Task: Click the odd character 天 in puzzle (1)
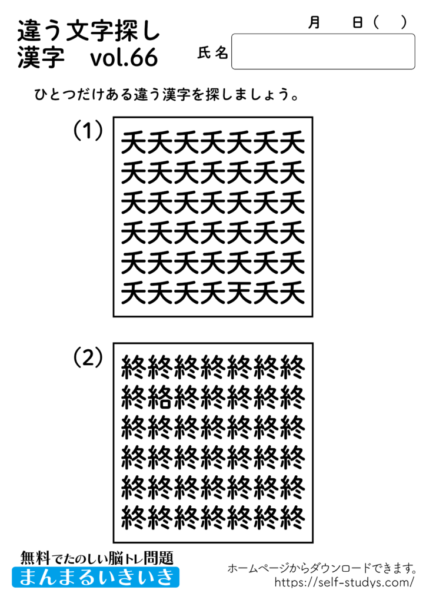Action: pos(239,291)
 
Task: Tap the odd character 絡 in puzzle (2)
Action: pos(161,399)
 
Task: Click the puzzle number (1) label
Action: pos(88,131)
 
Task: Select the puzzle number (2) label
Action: pos(88,357)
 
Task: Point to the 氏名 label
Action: pos(212,54)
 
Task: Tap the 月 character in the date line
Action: pos(315,22)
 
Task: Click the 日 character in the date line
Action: pos(357,22)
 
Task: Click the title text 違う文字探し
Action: pos(89,29)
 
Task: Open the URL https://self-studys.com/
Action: pos(345,582)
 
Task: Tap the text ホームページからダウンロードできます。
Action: pos(322,568)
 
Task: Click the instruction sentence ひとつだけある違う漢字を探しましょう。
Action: pos(165,95)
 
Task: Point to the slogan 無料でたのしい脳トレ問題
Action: pos(97,556)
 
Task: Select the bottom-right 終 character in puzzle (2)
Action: pos(292,517)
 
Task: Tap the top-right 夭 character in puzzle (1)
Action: pos(292,142)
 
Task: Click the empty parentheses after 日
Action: pos(390,22)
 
